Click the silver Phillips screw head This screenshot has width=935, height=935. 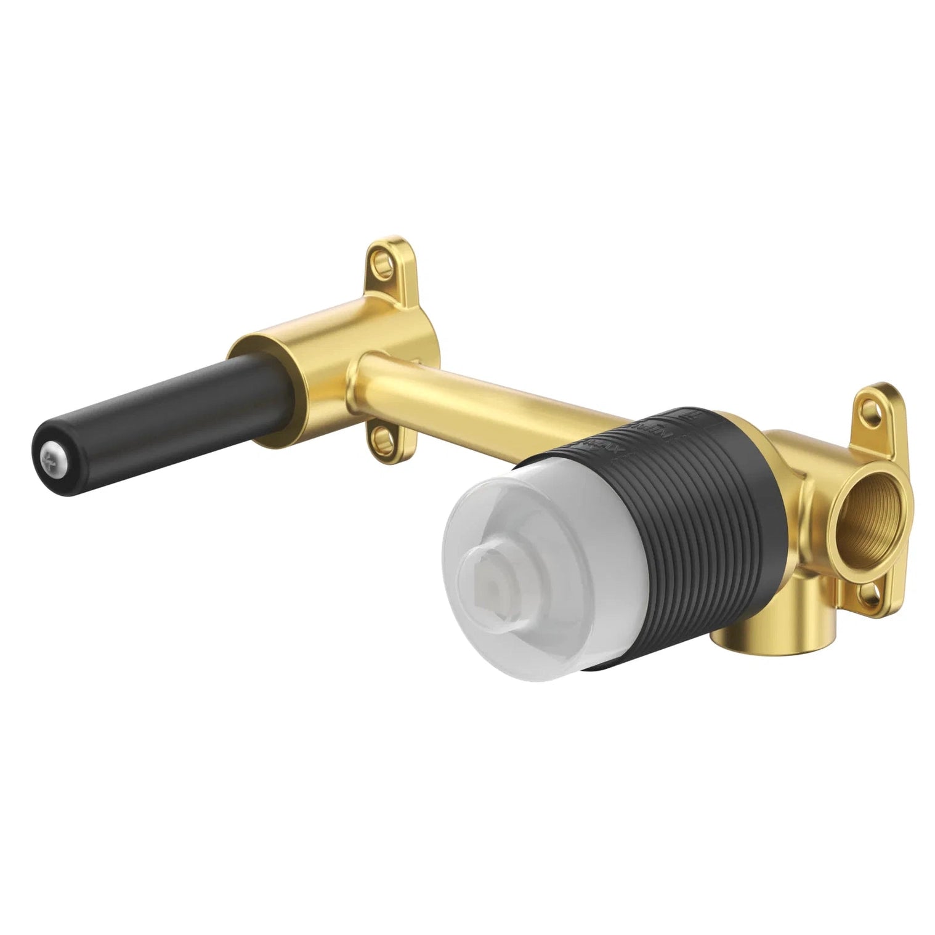[48, 458]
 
